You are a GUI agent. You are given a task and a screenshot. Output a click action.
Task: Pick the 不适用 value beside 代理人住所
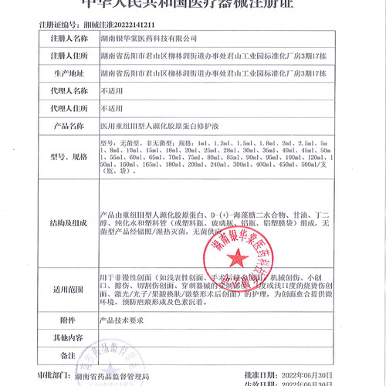click(x=112, y=108)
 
